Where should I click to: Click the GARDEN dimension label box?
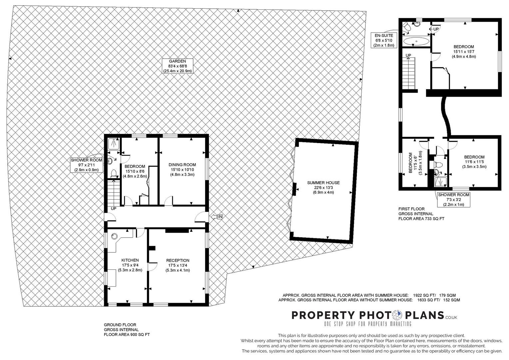(x=178, y=66)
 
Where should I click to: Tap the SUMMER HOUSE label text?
(x=323, y=183)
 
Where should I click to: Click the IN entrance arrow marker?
(x=217, y=217)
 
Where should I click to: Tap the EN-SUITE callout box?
(x=384, y=40)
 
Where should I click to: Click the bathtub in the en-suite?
(x=416, y=41)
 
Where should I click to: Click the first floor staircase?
(x=409, y=73)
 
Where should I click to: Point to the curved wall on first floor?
(x=446, y=116)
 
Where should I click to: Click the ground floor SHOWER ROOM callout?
(x=87, y=165)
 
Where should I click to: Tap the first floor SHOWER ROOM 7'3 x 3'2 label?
(x=454, y=199)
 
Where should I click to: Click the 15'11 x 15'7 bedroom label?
(x=464, y=52)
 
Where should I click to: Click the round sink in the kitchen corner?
(x=114, y=237)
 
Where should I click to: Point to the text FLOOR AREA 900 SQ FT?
(x=127, y=335)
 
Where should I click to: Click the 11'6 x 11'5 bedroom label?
(x=474, y=162)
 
